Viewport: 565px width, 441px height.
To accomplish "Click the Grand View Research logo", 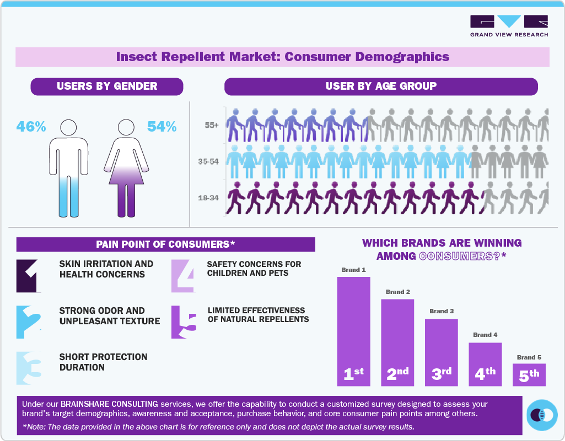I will pos(509,26).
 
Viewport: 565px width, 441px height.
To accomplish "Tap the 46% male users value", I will pos(31,127).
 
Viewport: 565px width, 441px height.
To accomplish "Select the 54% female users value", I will pos(162,127).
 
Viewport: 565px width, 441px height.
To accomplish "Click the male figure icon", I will pos(68,168).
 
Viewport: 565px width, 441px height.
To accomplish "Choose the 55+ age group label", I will pos(212,126).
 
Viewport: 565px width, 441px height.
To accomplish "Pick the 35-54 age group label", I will pos(208,162).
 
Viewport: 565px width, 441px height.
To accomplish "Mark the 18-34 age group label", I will pos(208,197).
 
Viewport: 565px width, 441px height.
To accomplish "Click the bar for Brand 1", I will pos(353,330).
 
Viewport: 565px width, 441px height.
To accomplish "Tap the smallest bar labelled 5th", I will pos(529,374).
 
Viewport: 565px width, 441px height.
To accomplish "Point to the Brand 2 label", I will pos(398,291).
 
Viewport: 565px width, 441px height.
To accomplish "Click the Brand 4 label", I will pos(485,335).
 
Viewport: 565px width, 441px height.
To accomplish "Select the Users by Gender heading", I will pos(107,86).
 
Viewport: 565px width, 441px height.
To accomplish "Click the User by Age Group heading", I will pos(381,86).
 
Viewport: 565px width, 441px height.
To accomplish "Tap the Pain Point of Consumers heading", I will pos(165,244).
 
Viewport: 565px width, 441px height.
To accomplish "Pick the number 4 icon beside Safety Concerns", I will pos(183,275).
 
